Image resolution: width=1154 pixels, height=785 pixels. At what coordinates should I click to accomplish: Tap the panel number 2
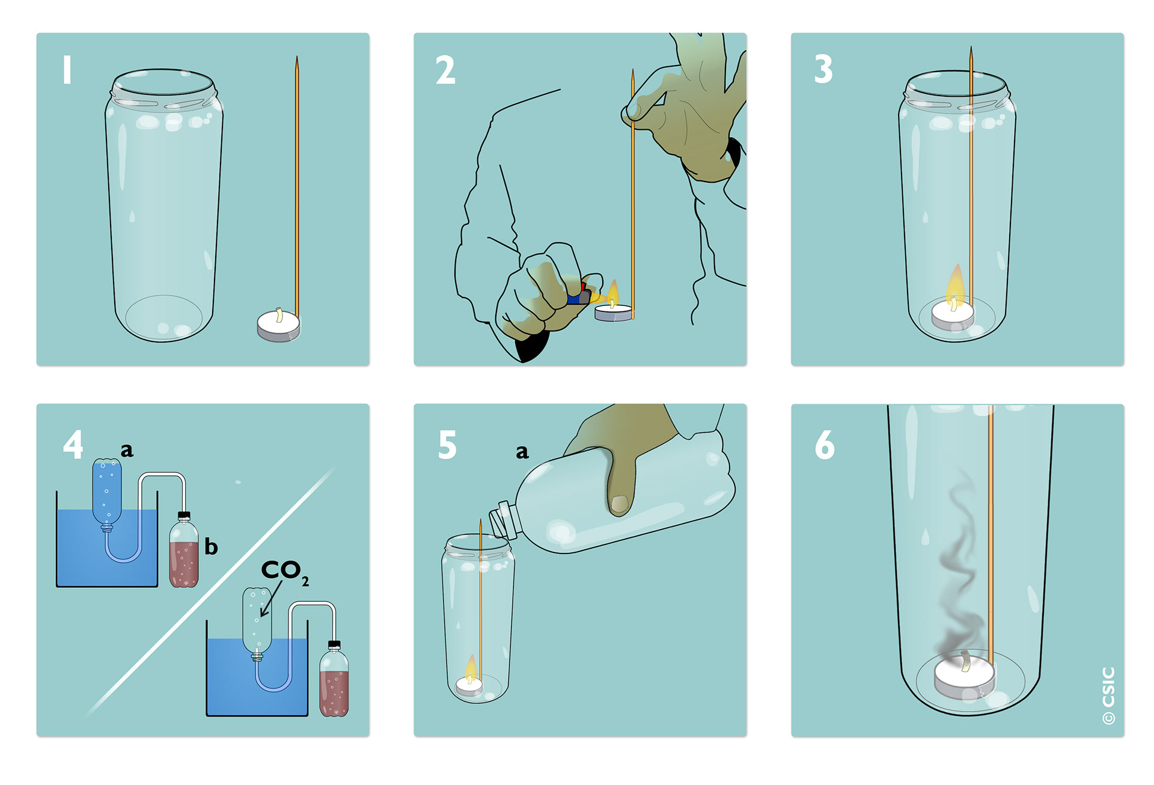point(445,70)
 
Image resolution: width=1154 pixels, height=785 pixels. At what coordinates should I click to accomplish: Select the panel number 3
point(823,69)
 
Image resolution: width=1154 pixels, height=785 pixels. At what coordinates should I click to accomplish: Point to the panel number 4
point(73,445)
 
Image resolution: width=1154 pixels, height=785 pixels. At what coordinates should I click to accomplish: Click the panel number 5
point(447,445)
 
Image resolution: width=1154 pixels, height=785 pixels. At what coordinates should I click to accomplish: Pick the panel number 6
point(825,445)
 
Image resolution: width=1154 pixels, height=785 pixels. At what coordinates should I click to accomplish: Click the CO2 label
point(285,571)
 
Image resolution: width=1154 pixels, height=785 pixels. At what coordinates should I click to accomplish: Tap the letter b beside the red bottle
point(211,546)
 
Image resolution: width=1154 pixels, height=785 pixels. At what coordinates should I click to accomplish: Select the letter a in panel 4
point(127,450)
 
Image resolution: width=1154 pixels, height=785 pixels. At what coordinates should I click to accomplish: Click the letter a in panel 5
point(522,452)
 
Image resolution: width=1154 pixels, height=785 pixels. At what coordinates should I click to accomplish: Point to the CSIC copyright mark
point(1109,695)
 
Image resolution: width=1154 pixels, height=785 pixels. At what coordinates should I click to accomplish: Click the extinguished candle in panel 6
point(964,676)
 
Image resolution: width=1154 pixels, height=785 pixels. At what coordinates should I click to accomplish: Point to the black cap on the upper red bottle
point(184,516)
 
